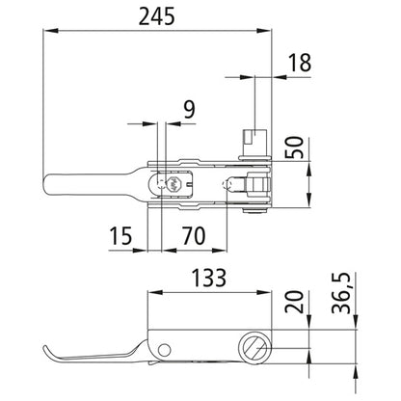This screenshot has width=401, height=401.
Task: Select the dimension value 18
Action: [x=298, y=63]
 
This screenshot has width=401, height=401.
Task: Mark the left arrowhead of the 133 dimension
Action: [x=149, y=294]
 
